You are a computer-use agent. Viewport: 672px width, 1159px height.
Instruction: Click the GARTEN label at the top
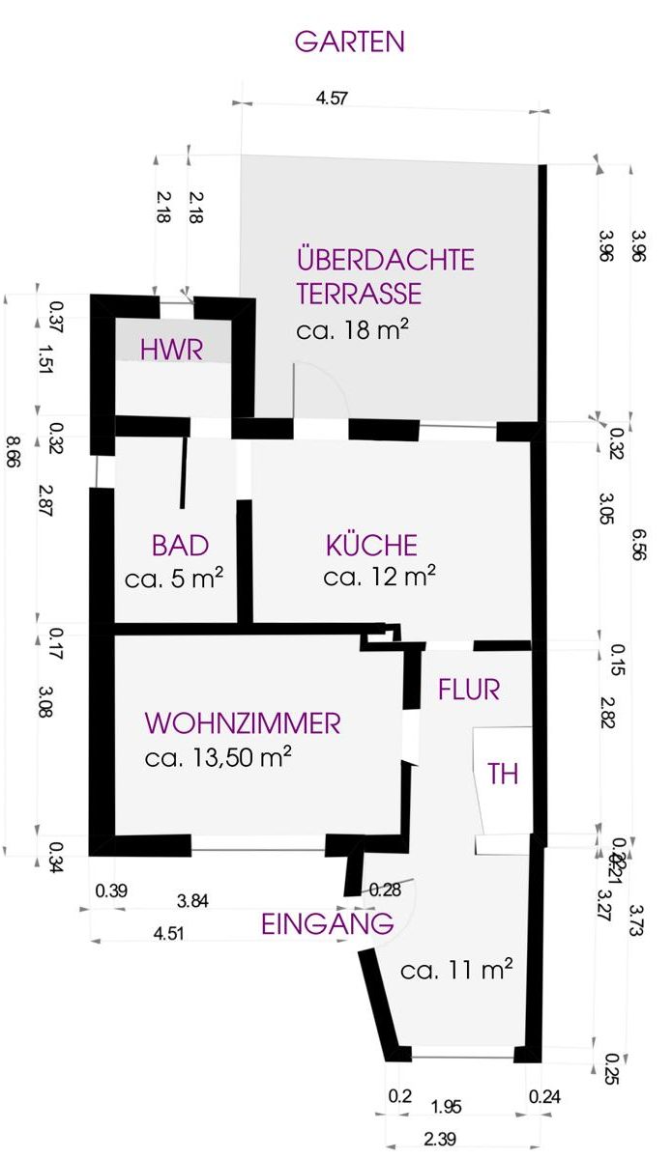click(x=349, y=42)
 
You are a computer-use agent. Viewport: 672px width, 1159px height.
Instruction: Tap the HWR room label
click(x=172, y=350)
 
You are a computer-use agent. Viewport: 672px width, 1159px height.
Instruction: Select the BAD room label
click(x=180, y=546)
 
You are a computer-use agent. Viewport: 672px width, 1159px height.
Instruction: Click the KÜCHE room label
click(x=372, y=546)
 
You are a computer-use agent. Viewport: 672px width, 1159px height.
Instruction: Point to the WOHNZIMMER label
click(x=242, y=722)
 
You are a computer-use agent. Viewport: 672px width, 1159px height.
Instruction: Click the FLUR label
click(x=469, y=690)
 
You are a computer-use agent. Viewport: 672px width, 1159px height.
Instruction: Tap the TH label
click(x=503, y=775)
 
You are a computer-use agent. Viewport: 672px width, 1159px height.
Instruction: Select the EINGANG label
click(x=328, y=924)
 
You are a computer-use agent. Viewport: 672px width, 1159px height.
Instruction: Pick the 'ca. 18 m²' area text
click(x=352, y=328)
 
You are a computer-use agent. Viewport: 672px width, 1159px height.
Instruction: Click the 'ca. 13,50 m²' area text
click(x=219, y=757)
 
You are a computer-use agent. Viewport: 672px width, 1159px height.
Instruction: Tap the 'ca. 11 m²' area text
click(x=455, y=970)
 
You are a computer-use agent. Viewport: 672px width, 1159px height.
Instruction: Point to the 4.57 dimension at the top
click(x=332, y=97)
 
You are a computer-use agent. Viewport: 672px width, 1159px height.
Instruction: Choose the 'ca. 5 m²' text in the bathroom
click(x=175, y=579)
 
